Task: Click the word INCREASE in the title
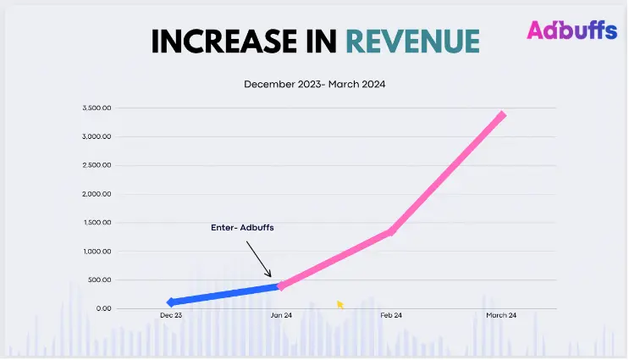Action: point(218,42)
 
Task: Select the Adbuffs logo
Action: point(571,30)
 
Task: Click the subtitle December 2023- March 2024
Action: point(315,85)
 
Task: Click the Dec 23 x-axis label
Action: point(171,316)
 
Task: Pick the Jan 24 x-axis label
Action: point(281,316)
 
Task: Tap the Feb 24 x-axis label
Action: point(391,316)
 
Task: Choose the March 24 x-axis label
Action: point(501,316)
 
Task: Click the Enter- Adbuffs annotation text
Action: point(243,228)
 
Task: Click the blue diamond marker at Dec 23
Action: point(171,302)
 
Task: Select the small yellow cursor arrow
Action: point(340,304)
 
